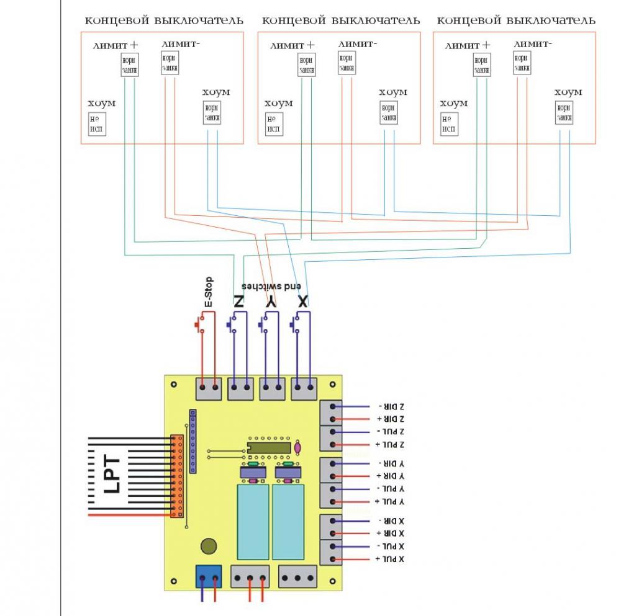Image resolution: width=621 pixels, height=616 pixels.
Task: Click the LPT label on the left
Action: pyautogui.click(x=111, y=475)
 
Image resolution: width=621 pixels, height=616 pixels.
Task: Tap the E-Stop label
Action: pyautogui.click(x=209, y=292)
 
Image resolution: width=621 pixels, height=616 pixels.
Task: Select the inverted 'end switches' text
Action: pyautogui.click(x=271, y=287)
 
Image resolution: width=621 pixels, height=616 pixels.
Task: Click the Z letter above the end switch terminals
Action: pyautogui.click(x=238, y=302)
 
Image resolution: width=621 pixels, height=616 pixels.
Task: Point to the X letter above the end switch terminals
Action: pyautogui.click(x=302, y=302)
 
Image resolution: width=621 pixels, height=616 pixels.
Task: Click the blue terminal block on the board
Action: pyautogui.click(x=209, y=576)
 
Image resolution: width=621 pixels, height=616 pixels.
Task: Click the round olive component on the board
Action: pyautogui.click(x=209, y=547)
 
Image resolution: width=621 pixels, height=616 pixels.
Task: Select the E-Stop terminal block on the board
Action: pyautogui.click(x=209, y=389)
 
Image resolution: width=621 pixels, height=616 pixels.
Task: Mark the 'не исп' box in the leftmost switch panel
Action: pyautogui.click(x=97, y=125)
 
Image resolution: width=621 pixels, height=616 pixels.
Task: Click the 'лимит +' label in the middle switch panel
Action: pyautogui.click(x=292, y=45)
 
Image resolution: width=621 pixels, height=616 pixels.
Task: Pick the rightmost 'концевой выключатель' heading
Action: pyautogui.click(x=516, y=20)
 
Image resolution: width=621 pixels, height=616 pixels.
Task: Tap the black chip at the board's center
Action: pyautogui.click(x=269, y=448)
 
